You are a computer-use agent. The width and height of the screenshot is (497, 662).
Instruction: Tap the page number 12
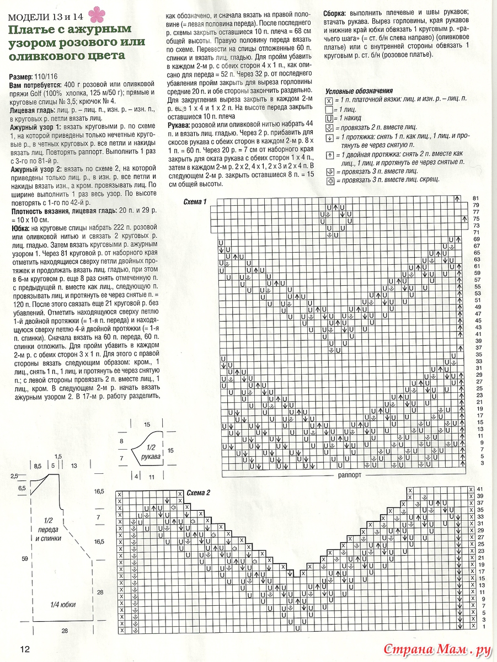pos(25,648)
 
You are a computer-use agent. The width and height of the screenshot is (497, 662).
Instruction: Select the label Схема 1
pos(195,202)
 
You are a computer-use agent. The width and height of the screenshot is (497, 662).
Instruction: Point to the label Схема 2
pos(198,493)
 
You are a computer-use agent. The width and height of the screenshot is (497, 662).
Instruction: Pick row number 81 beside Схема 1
pos(478,197)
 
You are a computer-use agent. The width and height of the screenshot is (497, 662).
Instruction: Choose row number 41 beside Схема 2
pos(480,489)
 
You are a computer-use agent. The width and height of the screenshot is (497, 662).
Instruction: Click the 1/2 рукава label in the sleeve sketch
pos(149,453)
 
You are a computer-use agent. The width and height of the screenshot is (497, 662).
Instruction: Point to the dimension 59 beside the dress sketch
pos(24,559)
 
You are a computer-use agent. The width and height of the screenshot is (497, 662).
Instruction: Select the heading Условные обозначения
pos(359,91)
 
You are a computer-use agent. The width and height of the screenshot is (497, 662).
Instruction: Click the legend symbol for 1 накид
pos(329,119)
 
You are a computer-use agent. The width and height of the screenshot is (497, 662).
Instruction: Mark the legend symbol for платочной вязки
pos(329,100)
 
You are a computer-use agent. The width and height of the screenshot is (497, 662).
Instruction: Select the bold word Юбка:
pos(22,228)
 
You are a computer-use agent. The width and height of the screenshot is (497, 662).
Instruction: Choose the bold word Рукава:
pos(180,126)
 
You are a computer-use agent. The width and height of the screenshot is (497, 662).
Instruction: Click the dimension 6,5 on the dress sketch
pos(22,488)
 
